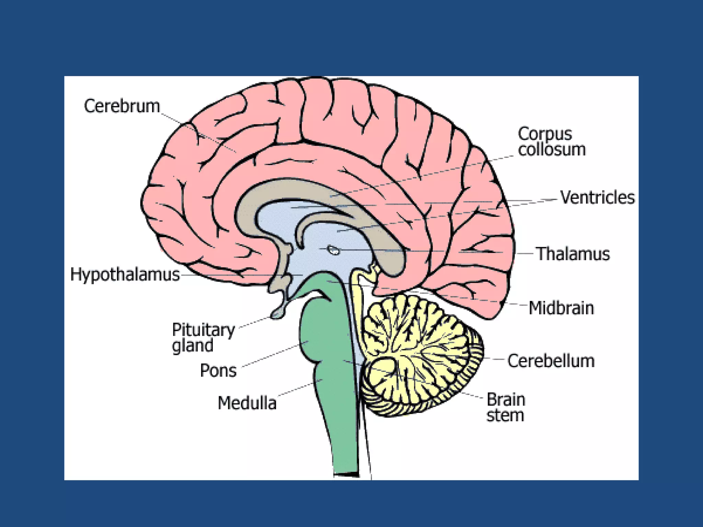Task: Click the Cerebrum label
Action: tap(122, 106)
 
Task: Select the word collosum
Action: tap(552, 150)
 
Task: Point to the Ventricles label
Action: tap(597, 198)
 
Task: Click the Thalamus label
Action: tap(573, 254)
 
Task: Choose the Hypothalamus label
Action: tap(125, 274)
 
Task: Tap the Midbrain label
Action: tap(561, 308)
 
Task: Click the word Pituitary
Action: tap(203, 330)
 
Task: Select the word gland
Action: tap(193, 346)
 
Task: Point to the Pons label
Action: tap(218, 371)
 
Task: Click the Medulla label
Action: tap(247, 403)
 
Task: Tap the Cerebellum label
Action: tap(551, 361)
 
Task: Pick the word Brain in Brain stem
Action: tap(506, 400)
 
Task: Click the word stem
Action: tap(505, 415)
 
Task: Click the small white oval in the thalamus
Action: tap(333, 250)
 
